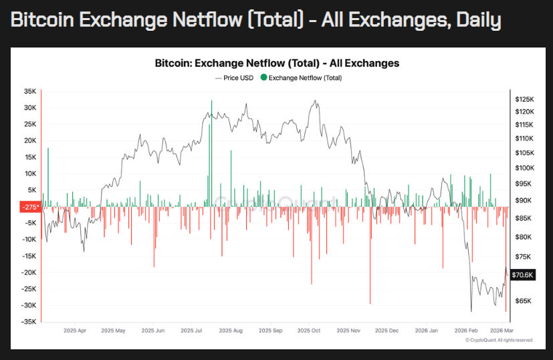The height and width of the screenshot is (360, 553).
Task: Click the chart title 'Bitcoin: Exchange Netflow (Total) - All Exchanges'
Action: click(x=276, y=64)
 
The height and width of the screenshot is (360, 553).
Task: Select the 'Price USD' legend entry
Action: click(x=236, y=78)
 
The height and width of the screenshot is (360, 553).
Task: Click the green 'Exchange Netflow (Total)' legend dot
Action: click(x=263, y=78)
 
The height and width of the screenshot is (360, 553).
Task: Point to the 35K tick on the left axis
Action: click(x=30, y=91)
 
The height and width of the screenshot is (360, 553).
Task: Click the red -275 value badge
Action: click(x=30, y=207)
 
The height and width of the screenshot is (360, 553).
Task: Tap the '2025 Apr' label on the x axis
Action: click(x=74, y=331)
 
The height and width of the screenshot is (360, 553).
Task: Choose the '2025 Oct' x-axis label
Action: click(x=310, y=331)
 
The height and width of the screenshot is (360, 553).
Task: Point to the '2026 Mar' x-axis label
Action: click(x=501, y=331)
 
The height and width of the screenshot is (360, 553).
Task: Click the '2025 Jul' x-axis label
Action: click(x=192, y=331)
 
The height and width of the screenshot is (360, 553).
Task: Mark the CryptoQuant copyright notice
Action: click(x=499, y=340)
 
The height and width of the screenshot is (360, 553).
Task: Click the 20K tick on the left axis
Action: click(x=30, y=141)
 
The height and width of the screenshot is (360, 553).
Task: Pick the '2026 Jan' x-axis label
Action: click(x=425, y=331)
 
